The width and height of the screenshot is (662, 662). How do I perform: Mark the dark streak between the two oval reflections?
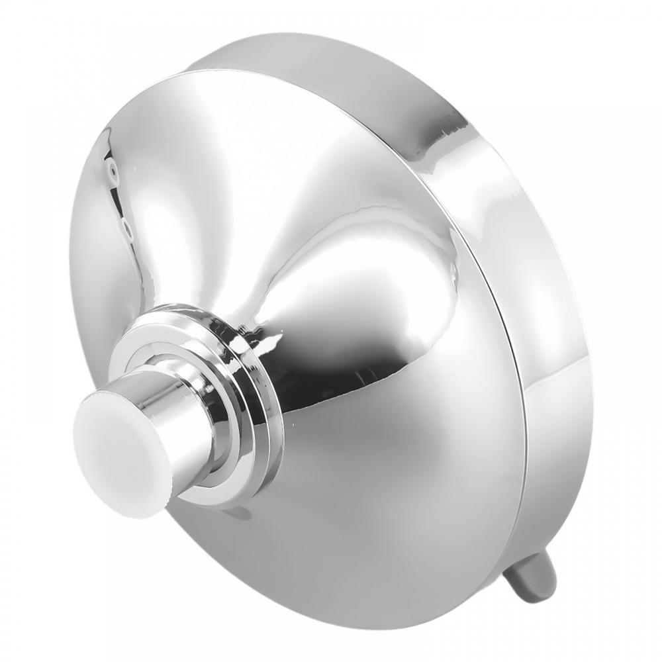(x=119, y=199)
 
